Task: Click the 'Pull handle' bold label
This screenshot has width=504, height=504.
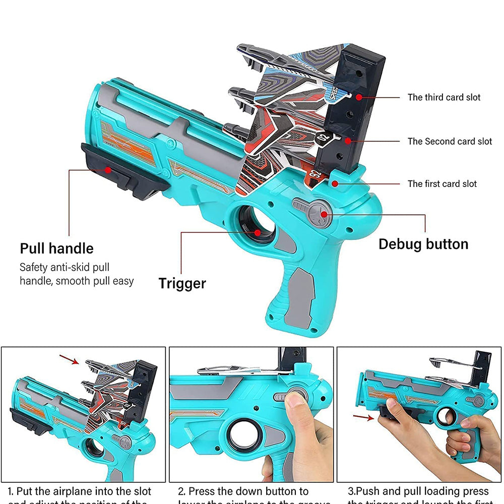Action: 56,248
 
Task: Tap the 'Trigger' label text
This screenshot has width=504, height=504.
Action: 182,283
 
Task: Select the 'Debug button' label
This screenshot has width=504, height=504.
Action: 423,244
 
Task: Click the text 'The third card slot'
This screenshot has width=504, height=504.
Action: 444,97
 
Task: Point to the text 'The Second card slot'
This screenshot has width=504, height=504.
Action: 450,142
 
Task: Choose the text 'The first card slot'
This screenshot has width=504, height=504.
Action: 442,184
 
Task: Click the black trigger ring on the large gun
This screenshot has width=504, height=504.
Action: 257,225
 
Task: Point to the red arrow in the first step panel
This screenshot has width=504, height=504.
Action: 69,359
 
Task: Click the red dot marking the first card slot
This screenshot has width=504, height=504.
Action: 334,184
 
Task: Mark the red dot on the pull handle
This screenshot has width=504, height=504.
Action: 108,170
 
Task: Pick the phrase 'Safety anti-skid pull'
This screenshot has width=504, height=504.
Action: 64,267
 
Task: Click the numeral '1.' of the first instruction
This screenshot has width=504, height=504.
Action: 11,491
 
